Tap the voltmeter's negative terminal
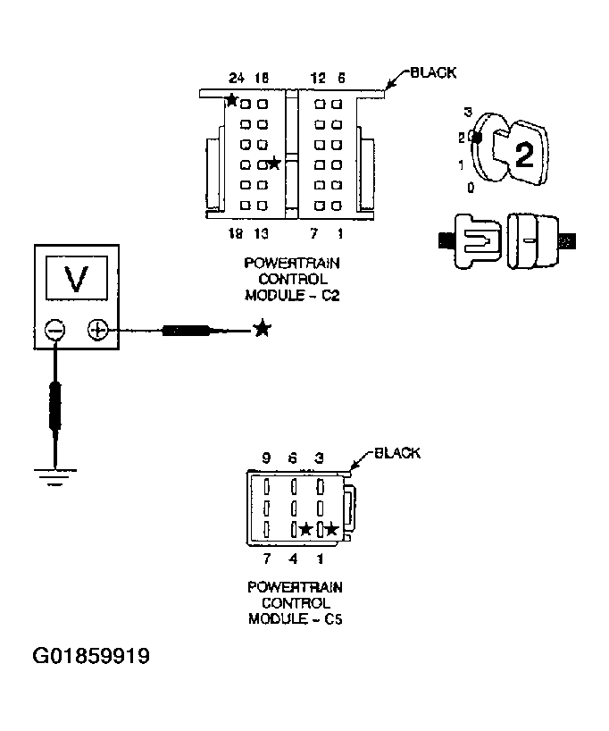tap(55, 332)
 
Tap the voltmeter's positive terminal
tap(98, 332)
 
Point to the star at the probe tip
tap(262, 329)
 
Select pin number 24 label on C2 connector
tap(237, 78)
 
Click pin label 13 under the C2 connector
tap(262, 233)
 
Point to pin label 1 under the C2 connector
tap(340, 233)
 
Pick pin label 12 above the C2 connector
tap(318, 78)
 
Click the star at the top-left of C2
tap(232, 100)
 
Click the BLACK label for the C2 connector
tap(433, 72)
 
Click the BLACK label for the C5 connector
tap(396, 453)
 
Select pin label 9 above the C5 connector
tap(266, 458)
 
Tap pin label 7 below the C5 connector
tap(266, 559)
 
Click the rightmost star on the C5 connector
tap(331, 530)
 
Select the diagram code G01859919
tap(91, 657)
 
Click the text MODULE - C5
tap(295, 618)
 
